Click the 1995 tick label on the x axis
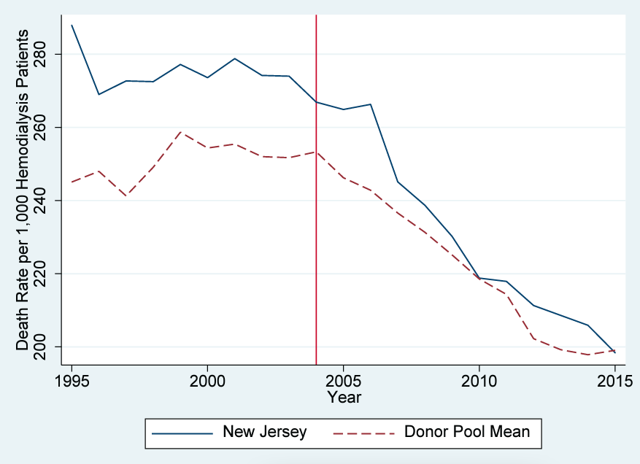72,382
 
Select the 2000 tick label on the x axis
207,382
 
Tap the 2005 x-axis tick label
343,382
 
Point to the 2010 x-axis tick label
479,382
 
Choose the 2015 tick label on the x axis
614,382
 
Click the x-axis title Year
343,398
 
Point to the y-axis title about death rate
23,190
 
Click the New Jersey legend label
265,432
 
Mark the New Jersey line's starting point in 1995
72,25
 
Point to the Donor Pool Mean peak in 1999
180,132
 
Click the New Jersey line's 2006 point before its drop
370,104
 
